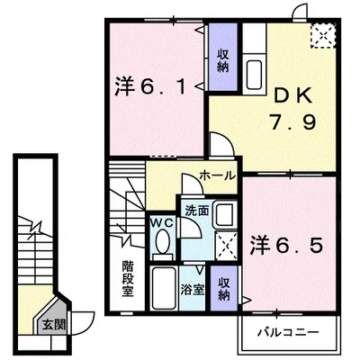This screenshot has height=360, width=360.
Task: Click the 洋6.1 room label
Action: [x=150, y=88]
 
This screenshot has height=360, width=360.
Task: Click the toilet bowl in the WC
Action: [x=162, y=244]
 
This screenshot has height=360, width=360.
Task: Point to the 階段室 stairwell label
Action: [x=128, y=280]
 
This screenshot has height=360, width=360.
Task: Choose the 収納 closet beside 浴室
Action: [x=222, y=288]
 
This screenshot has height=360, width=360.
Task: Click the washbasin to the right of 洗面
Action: [x=225, y=212]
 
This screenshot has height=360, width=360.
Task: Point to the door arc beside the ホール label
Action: [x=218, y=145]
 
